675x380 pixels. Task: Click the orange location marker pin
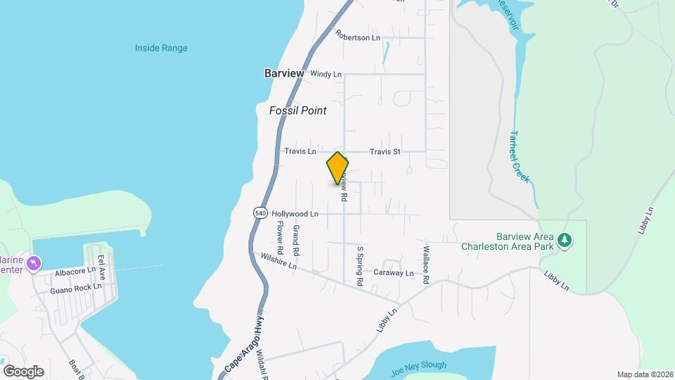[x=337, y=168]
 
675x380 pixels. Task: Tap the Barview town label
[x=284, y=73]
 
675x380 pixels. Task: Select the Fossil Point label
[x=297, y=110]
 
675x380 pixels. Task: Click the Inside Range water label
[x=161, y=48]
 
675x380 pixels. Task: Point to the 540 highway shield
[x=259, y=213]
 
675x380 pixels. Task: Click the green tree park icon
[x=565, y=241]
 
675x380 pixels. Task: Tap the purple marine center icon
[x=33, y=264]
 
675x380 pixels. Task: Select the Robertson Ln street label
[x=357, y=37]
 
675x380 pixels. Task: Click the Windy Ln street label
[x=326, y=73]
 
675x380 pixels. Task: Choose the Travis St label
[x=385, y=151]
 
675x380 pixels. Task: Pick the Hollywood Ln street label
[x=295, y=213]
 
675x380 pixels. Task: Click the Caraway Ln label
[x=394, y=272]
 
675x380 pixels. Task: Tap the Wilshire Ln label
[x=278, y=262]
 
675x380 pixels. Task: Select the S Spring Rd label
[x=359, y=266]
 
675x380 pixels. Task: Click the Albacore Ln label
[x=75, y=271]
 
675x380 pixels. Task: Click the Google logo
[x=23, y=371]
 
